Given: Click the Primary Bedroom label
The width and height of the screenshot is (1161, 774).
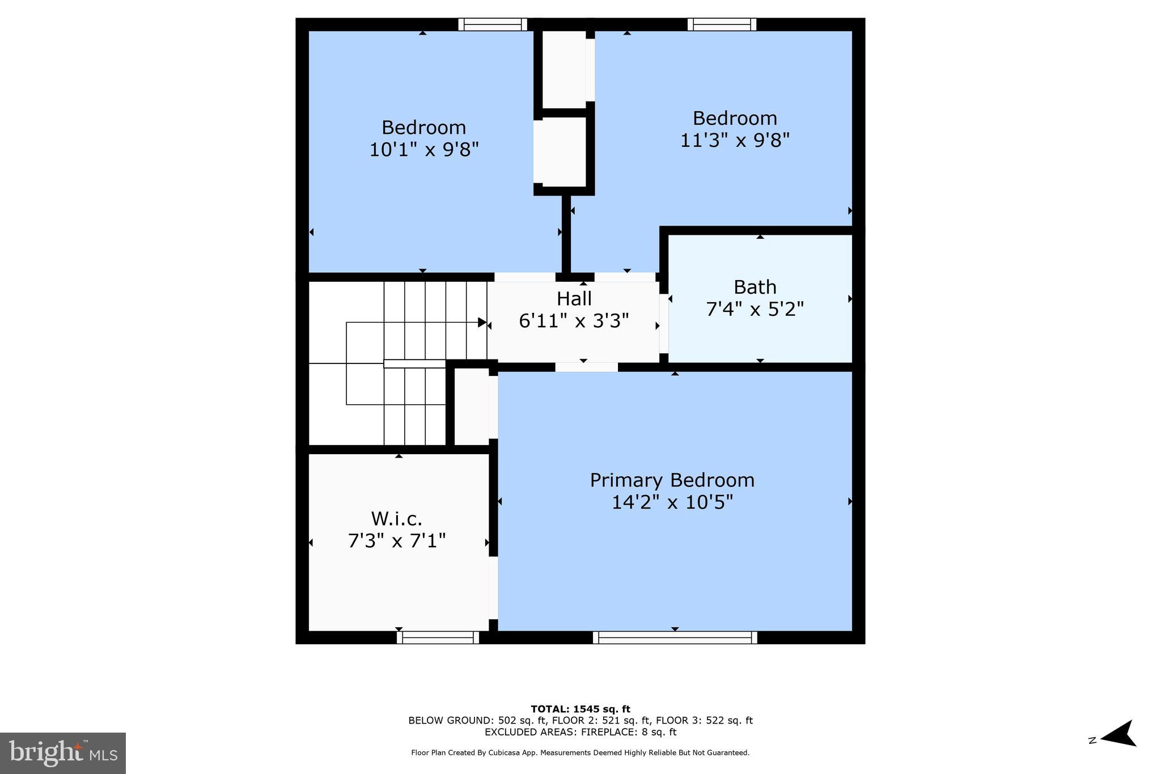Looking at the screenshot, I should pos(672,480).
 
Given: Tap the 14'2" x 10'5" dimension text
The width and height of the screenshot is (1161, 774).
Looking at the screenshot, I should pos(672,502).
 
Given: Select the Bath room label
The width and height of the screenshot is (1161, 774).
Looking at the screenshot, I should pos(755,287).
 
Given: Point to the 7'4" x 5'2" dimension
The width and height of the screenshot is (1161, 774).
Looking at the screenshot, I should pos(755,310).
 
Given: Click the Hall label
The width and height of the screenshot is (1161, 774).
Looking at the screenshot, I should pos(574,299).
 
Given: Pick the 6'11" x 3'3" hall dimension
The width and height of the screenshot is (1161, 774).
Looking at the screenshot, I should pos(574,322).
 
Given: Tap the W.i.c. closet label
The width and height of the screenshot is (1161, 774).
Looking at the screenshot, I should pos(396,519).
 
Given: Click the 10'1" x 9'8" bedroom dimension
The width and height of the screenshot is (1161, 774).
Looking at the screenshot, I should pos(424,150).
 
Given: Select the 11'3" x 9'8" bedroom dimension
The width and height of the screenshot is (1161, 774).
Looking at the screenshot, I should pos(735,140).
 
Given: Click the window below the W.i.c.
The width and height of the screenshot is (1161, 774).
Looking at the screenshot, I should pos(438,637).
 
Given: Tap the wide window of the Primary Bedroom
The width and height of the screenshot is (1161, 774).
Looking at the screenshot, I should pos(675,637).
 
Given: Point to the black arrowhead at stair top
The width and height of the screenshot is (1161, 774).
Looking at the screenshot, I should pos(482,323).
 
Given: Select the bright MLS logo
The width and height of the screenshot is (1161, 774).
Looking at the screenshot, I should pos(63,753).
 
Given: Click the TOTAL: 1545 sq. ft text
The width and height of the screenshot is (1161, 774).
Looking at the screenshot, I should pos(580,709).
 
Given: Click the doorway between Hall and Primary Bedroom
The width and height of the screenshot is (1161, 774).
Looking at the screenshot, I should pos(586,367).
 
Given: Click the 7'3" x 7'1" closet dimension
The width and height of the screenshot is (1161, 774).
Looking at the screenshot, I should pos(396,541).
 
